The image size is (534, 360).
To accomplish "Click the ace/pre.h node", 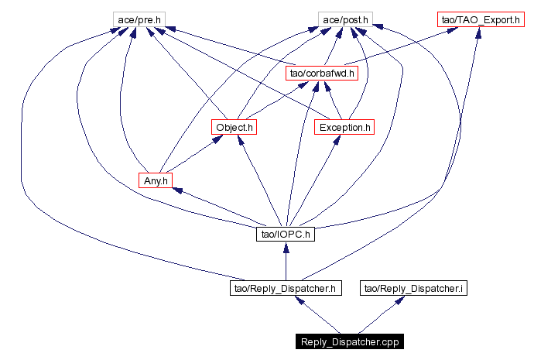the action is click(x=139, y=20).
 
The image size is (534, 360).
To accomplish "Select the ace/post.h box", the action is click(x=345, y=20).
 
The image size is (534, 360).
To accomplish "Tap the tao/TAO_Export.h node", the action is click(x=481, y=20).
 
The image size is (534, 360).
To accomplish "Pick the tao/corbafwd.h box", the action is click(x=322, y=74).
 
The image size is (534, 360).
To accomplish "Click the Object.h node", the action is click(x=234, y=127).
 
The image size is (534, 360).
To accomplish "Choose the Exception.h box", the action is click(x=344, y=127).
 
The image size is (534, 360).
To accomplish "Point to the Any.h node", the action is click(x=156, y=180).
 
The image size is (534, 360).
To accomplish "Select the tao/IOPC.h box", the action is click(x=286, y=234).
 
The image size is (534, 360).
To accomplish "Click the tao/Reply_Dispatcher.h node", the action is click(x=286, y=288).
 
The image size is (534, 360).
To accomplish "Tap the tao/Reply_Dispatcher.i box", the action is click(x=413, y=288).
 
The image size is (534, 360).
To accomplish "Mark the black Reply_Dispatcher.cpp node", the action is click(x=350, y=341).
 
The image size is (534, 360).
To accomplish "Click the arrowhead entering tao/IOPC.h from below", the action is click(x=286, y=247).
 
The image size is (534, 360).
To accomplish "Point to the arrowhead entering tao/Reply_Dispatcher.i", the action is click(x=400, y=300).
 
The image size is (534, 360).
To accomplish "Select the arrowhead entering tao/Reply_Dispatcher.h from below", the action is click(x=300, y=300).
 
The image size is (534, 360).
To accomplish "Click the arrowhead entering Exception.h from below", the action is click(x=337, y=139).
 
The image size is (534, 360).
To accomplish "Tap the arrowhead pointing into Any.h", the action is click(x=177, y=190).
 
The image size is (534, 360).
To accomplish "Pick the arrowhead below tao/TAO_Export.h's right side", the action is click(x=478, y=33).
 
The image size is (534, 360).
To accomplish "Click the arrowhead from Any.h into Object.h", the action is click(x=217, y=139).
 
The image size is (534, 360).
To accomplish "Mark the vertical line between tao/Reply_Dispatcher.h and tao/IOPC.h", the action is click(x=286, y=266).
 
